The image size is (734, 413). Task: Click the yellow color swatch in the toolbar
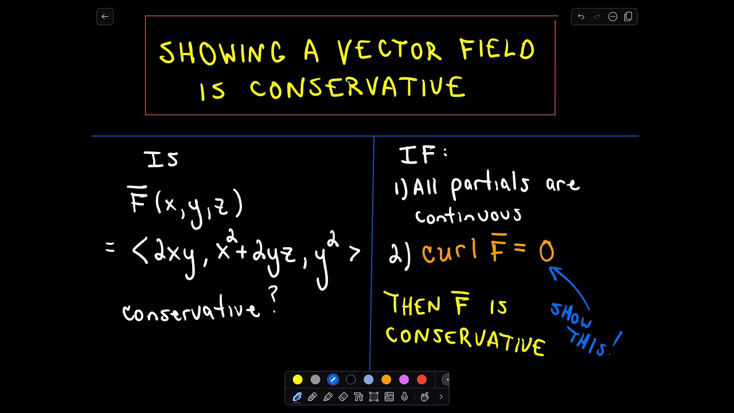298,379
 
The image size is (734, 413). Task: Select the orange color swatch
386,379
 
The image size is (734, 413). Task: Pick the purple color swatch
404,379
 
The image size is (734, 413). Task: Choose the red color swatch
422,379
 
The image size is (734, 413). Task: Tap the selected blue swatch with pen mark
333,379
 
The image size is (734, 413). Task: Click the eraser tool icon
343,396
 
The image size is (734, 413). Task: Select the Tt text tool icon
359,396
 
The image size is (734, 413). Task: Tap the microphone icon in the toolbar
405,396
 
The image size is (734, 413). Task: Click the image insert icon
389,396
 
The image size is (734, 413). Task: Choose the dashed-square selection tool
374,396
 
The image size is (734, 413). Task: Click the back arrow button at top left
105,17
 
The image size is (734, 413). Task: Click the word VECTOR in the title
390,52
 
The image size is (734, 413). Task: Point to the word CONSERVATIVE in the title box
357,89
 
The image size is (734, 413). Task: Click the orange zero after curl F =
546,252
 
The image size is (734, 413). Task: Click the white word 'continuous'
468,215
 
